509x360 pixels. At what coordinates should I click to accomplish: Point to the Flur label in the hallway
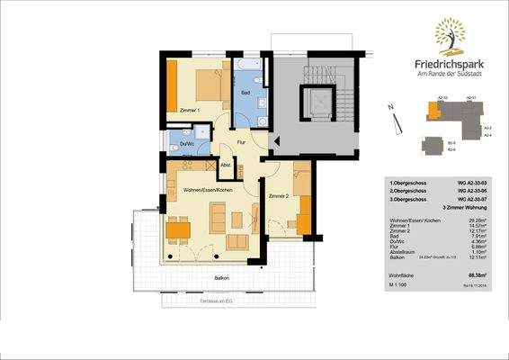click(x=240, y=142)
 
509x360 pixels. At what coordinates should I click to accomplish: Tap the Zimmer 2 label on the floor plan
click(x=279, y=195)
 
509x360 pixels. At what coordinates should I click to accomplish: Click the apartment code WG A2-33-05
click(x=472, y=192)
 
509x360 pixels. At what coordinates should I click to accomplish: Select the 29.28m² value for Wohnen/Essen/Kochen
click(x=478, y=220)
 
